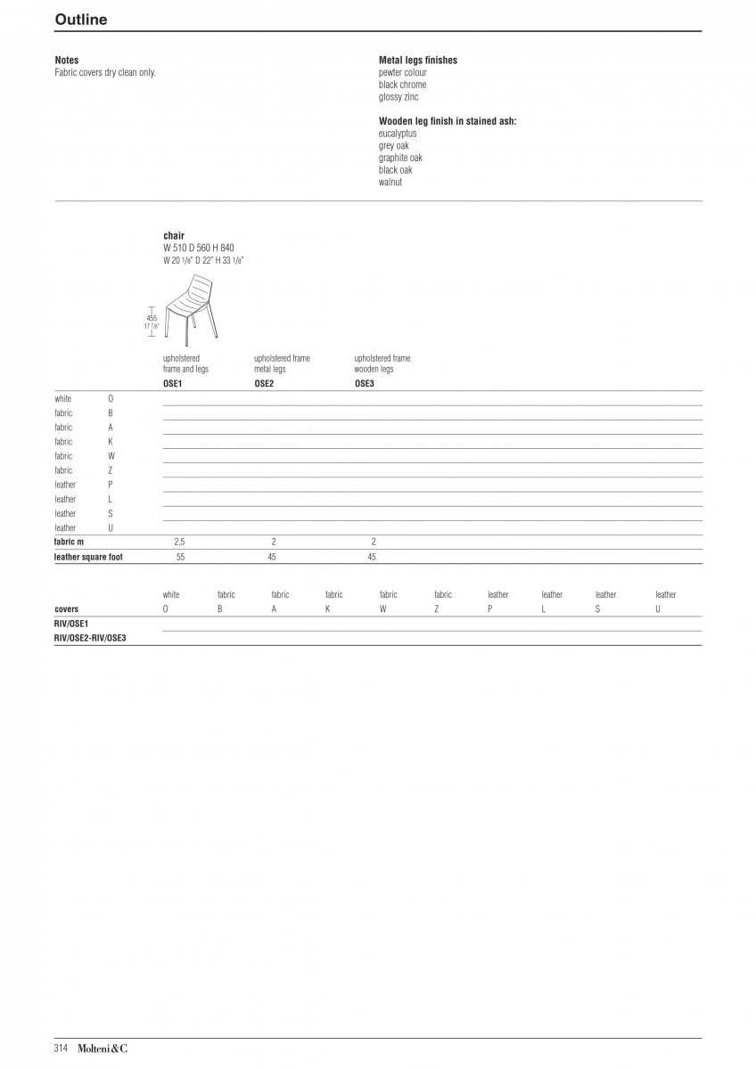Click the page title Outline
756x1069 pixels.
coord(81,20)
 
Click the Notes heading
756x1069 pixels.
coord(67,61)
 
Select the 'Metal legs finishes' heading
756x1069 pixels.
coord(417,61)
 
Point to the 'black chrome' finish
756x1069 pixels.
coord(402,85)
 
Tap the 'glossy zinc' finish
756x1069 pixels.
coord(398,97)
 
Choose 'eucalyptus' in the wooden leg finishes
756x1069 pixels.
coord(397,134)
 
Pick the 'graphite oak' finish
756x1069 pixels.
coord(400,158)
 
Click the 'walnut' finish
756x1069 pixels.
coord(390,183)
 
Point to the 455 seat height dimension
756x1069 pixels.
coord(152,318)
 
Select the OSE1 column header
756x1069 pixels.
coord(172,383)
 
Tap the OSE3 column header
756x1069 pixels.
coord(364,383)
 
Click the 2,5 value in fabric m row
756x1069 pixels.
coord(179,542)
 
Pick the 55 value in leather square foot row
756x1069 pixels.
coord(180,557)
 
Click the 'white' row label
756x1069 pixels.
coord(63,399)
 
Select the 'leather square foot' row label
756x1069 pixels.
coord(88,557)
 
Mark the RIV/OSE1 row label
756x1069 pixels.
coord(71,624)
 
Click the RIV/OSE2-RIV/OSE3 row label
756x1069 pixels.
coord(90,638)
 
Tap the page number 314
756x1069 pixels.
coord(61,1049)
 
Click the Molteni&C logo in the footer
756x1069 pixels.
coord(102,1049)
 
